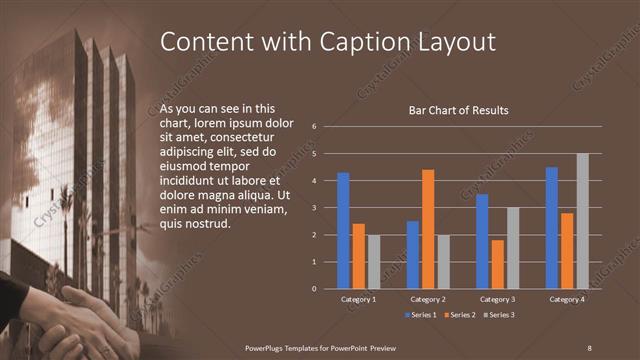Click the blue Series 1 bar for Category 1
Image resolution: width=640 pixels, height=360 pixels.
[x=343, y=231]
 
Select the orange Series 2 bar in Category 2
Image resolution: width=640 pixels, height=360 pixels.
[x=428, y=229]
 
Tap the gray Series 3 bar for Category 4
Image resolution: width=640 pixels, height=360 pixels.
[x=582, y=221]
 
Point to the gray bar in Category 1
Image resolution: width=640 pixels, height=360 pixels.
[x=373, y=262]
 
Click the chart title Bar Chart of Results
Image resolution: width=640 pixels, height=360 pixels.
[x=459, y=110]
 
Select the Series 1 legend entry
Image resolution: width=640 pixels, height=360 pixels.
[x=421, y=314]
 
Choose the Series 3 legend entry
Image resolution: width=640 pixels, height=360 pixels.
[x=499, y=314]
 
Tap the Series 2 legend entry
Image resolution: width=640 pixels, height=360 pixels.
[x=460, y=314]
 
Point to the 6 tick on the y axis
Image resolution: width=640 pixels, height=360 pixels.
[x=314, y=127]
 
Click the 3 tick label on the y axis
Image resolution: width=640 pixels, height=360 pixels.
[x=314, y=208]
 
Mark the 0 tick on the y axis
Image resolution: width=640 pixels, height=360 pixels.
[x=314, y=289]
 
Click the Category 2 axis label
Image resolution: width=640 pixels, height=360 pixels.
[x=428, y=300]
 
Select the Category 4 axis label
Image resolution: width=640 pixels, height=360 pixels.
[x=567, y=300]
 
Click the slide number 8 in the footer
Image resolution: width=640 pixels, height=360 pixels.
[x=589, y=347]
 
